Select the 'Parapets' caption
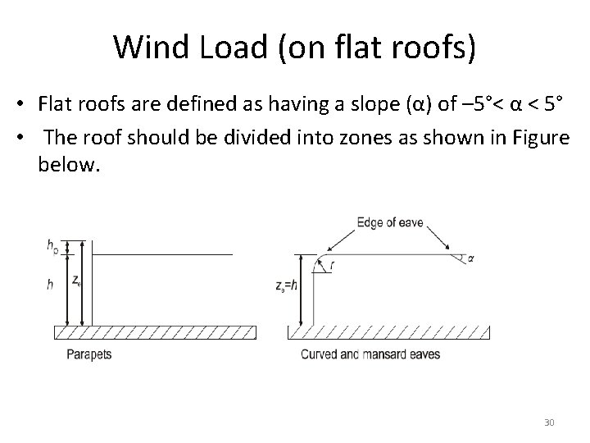91,355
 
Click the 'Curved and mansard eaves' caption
370,355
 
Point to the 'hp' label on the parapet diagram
52,245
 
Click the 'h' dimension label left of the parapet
51,284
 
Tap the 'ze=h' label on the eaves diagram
287,286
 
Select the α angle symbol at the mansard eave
470,258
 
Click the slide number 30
549,422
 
